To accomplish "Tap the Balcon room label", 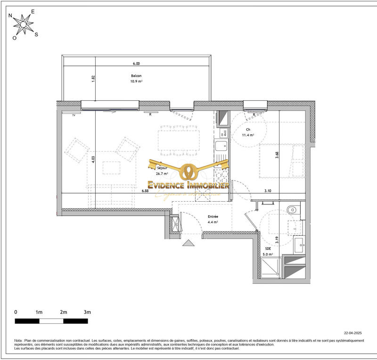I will (x=136, y=78).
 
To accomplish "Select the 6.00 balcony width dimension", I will (x=136, y=63).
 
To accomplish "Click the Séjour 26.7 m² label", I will (x=163, y=171).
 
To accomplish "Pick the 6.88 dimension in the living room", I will (x=145, y=191).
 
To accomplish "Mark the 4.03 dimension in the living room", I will (x=93, y=159).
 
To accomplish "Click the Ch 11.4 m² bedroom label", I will (x=248, y=132).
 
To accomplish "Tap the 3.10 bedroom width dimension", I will (x=268, y=191).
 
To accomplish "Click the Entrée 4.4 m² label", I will (x=213, y=219).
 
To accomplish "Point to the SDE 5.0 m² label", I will (x=268, y=251).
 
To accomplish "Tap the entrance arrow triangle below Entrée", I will (x=188, y=243).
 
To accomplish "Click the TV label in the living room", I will (x=73, y=115).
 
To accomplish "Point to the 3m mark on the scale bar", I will (x=87, y=312).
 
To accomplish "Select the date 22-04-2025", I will (x=353, y=333).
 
